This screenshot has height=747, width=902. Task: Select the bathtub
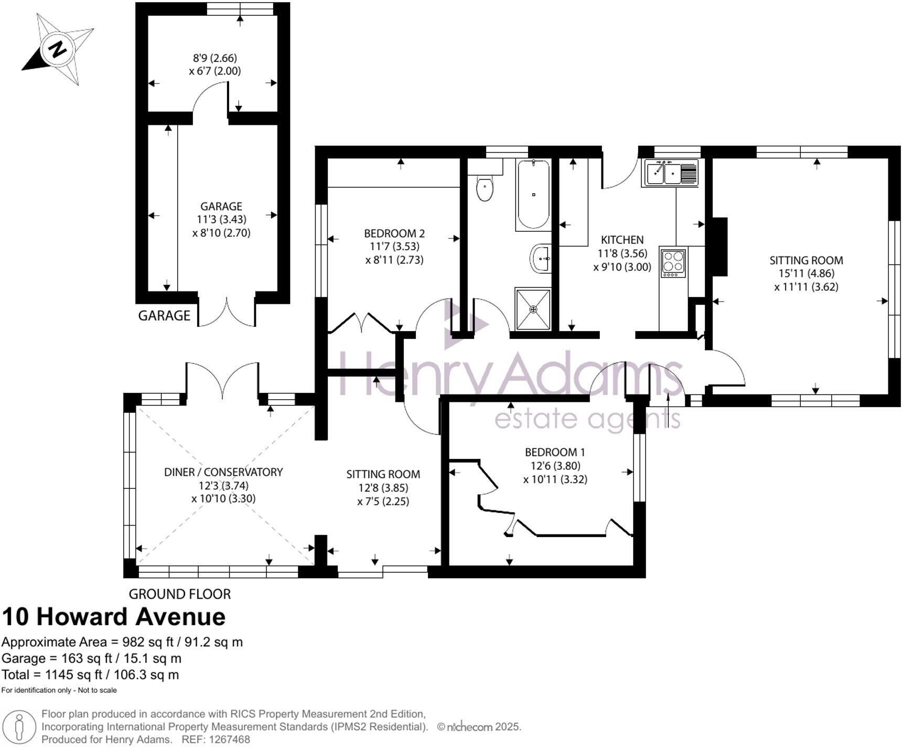[x=533, y=195]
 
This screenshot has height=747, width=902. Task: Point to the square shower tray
[x=533, y=309]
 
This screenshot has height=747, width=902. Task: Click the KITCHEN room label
[x=622, y=240]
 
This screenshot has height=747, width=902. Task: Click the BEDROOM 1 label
[x=555, y=452]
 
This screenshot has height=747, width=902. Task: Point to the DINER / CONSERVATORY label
[x=223, y=472]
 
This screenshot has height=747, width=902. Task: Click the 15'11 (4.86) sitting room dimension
[x=806, y=273]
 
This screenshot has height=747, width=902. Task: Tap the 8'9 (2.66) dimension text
[x=215, y=58]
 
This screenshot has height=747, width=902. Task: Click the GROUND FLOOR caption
[x=180, y=594]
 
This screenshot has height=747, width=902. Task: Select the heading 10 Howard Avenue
[x=114, y=616]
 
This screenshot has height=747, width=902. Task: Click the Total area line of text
[x=90, y=675]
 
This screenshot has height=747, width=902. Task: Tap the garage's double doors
[x=227, y=312]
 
